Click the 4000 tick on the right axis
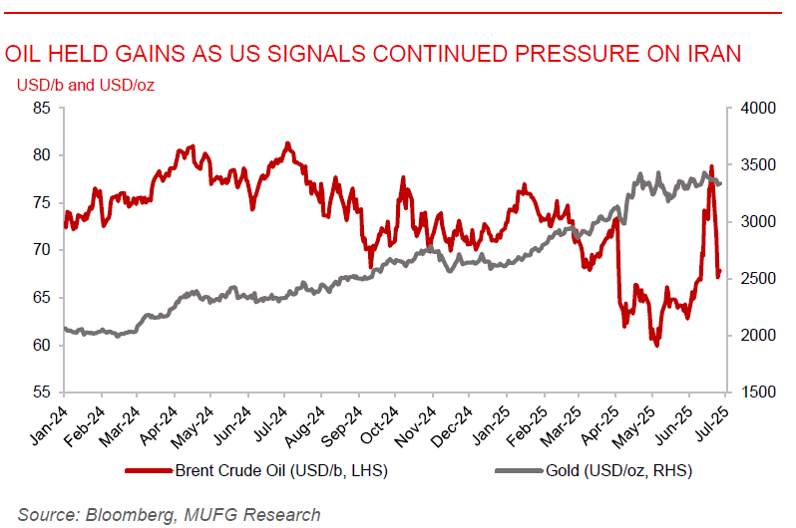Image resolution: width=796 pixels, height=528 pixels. point(753,108)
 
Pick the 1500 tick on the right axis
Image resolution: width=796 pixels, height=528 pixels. point(753,393)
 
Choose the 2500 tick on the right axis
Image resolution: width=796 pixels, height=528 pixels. point(753,279)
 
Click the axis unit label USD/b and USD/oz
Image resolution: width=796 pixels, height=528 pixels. point(85,85)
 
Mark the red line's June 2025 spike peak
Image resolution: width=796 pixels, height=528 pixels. point(711,167)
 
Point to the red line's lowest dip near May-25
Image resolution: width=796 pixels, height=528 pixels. point(656,345)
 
